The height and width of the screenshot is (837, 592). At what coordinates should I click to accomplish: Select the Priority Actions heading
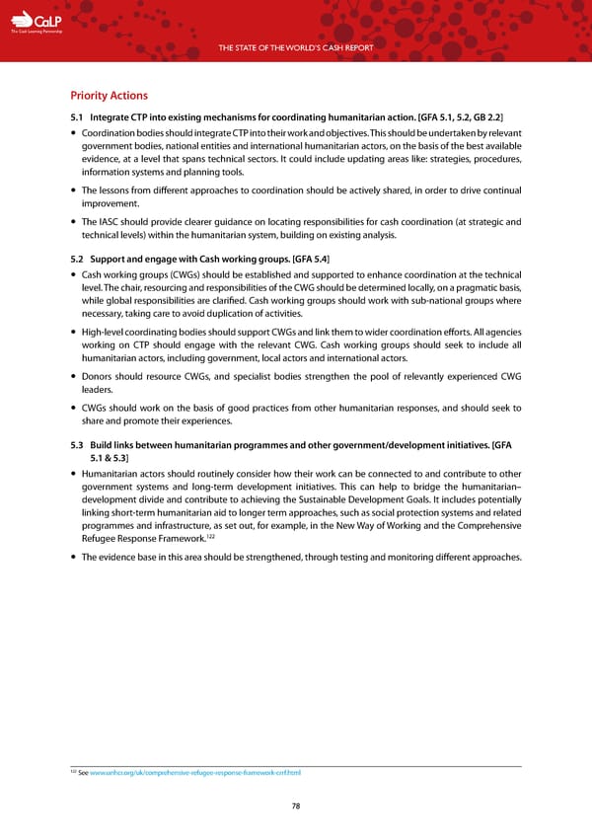[x=109, y=96]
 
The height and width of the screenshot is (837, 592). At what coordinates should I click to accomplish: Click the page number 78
[x=296, y=806]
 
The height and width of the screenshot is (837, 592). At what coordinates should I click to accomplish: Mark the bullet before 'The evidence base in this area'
[x=75, y=557]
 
